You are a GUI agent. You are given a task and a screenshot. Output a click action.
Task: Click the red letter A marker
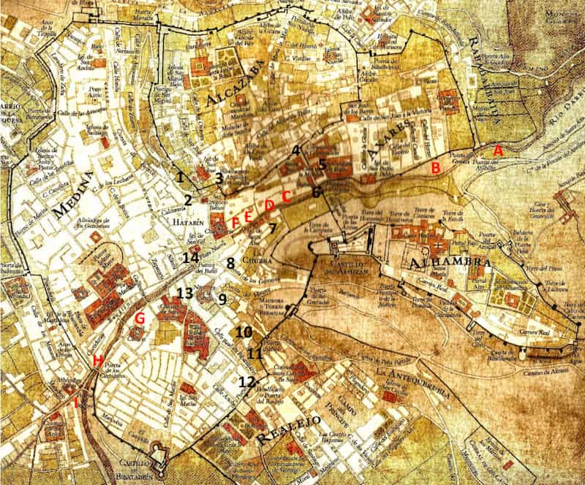point(499,149)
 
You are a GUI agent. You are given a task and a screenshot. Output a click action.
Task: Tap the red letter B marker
point(435,167)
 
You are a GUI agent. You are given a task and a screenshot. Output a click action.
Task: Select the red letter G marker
point(140,318)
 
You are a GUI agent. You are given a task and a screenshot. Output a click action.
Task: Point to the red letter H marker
point(97,359)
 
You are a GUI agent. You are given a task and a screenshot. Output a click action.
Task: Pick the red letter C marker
point(287,196)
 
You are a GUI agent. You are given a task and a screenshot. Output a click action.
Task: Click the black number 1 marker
point(180,176)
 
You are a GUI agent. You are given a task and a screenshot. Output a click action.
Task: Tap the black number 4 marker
point(296,150)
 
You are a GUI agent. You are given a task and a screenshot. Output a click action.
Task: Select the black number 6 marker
point(316,192)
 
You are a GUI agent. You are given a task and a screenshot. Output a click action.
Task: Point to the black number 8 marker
point(231,263)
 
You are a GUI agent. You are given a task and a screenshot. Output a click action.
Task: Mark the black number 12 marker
point(247,381)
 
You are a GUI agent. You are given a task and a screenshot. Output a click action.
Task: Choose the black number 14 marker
point(191,257)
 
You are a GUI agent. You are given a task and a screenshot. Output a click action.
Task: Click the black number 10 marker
point(244,332)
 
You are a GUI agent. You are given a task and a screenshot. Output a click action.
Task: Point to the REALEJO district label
point(290,430)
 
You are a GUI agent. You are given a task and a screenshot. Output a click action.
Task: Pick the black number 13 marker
point(184,293)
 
